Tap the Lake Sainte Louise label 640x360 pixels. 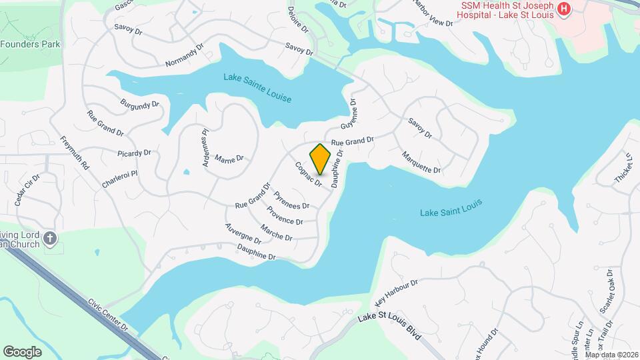257,88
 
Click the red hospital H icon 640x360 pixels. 564,9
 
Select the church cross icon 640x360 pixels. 50,238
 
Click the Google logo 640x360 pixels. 22,351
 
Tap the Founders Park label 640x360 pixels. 31,44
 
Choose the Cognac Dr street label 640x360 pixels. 308,173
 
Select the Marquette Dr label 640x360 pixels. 421,162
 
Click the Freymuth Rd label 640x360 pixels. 74,153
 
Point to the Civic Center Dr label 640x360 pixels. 107,315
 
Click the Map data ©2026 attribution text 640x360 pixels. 611,355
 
